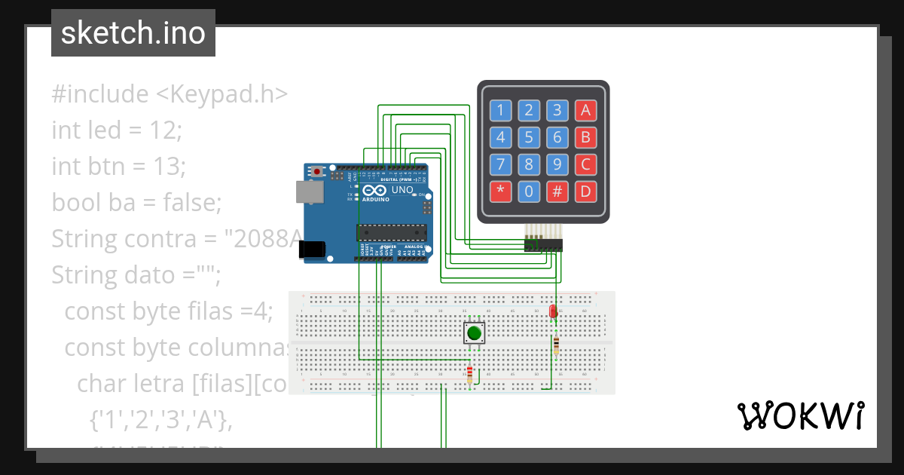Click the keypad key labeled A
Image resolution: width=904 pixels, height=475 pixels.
coord(585,111)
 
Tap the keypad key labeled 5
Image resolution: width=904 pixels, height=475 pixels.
coord(529,137)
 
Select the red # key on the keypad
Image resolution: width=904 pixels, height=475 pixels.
coord(557,192)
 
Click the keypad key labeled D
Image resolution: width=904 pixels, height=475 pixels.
coord(585,192)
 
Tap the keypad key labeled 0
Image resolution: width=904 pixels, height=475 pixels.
coord(529,192)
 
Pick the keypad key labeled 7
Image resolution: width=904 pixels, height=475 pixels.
coord(500,164)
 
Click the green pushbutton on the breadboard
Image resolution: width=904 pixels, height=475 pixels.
coord(474,333)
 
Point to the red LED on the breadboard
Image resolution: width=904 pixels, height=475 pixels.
coord(553,311)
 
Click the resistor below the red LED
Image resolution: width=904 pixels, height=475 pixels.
coord(556,345)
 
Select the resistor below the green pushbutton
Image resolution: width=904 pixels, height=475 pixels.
coord(470,374)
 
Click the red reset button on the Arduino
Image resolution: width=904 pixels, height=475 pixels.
coord(317,172)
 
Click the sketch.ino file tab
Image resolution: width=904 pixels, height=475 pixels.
coord(133,33)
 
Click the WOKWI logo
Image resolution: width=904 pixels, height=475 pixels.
coord(800,415)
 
